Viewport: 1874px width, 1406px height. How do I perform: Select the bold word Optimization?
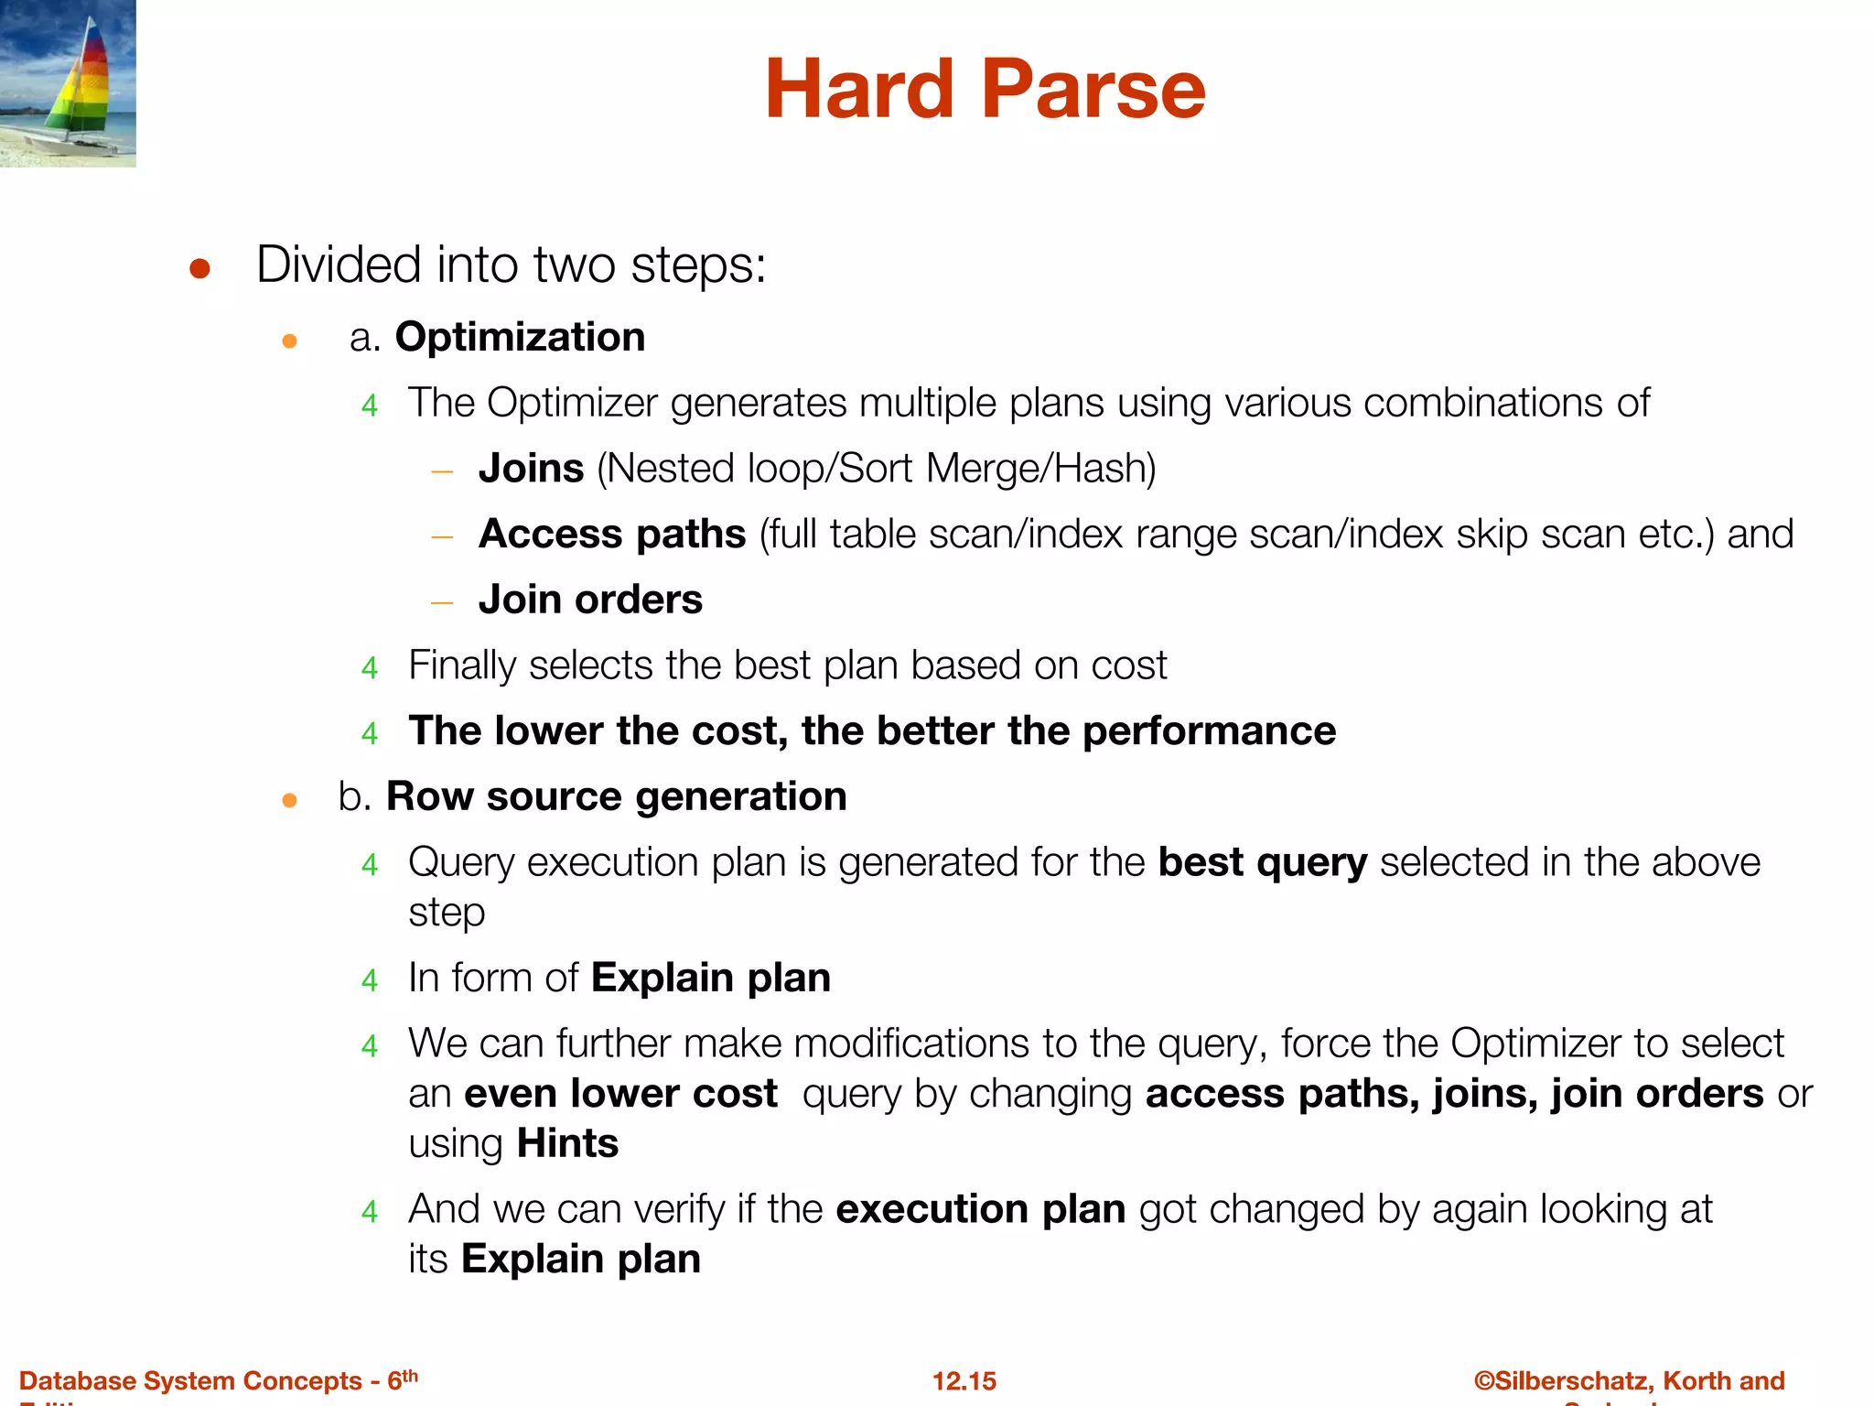520,338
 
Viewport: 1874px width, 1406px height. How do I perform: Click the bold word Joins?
531,469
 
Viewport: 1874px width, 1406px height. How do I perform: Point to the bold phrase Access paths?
612,535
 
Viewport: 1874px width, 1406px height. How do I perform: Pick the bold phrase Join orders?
590,600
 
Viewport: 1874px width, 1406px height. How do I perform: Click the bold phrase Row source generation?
616,796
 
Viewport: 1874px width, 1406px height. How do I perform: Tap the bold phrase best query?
1262,863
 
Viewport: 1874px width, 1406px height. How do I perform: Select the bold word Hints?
567,1144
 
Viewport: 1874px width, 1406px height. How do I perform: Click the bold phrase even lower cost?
620,1094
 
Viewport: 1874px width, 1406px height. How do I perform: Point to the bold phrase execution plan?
980,1210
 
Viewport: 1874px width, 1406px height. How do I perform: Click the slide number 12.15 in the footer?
964,1381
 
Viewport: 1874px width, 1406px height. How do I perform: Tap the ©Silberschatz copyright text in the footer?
1629,1380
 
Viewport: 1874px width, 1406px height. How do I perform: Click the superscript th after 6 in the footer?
410,1375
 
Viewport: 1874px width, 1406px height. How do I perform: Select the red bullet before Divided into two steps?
199,269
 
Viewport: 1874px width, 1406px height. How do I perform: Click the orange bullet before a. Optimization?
290,341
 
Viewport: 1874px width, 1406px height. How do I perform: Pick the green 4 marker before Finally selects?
370,668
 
